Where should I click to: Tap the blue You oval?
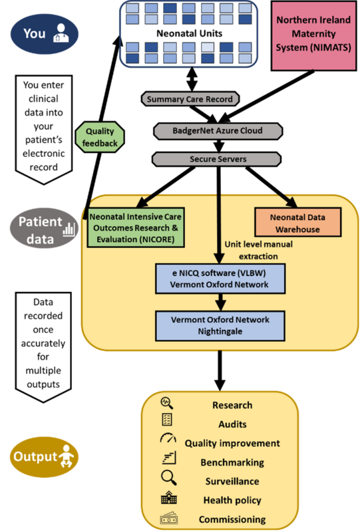(43, 33)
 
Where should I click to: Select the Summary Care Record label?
(190, 99)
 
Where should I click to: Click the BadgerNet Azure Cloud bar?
(208, 130)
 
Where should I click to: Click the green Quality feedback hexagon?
(100, 137)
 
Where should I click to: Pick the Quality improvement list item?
(232, 443)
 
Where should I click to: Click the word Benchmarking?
(232, 462)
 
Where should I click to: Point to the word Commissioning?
(232, 519)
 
